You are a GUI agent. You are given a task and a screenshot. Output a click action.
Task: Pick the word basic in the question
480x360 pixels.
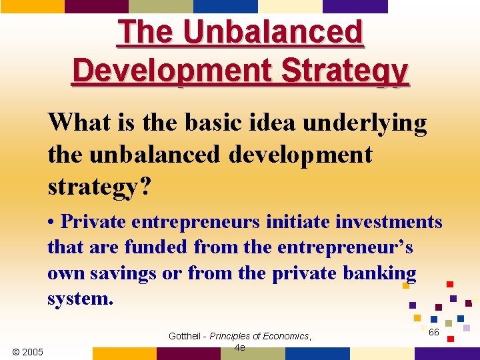click(221, 123)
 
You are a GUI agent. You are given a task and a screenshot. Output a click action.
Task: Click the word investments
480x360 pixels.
click(387, 221)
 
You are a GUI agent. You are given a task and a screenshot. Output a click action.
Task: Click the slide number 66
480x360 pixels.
click(434, 332)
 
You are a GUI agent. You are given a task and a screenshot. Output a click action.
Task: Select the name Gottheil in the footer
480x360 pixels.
click(187, 336)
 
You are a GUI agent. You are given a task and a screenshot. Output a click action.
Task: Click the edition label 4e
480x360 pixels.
click(240, 347)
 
